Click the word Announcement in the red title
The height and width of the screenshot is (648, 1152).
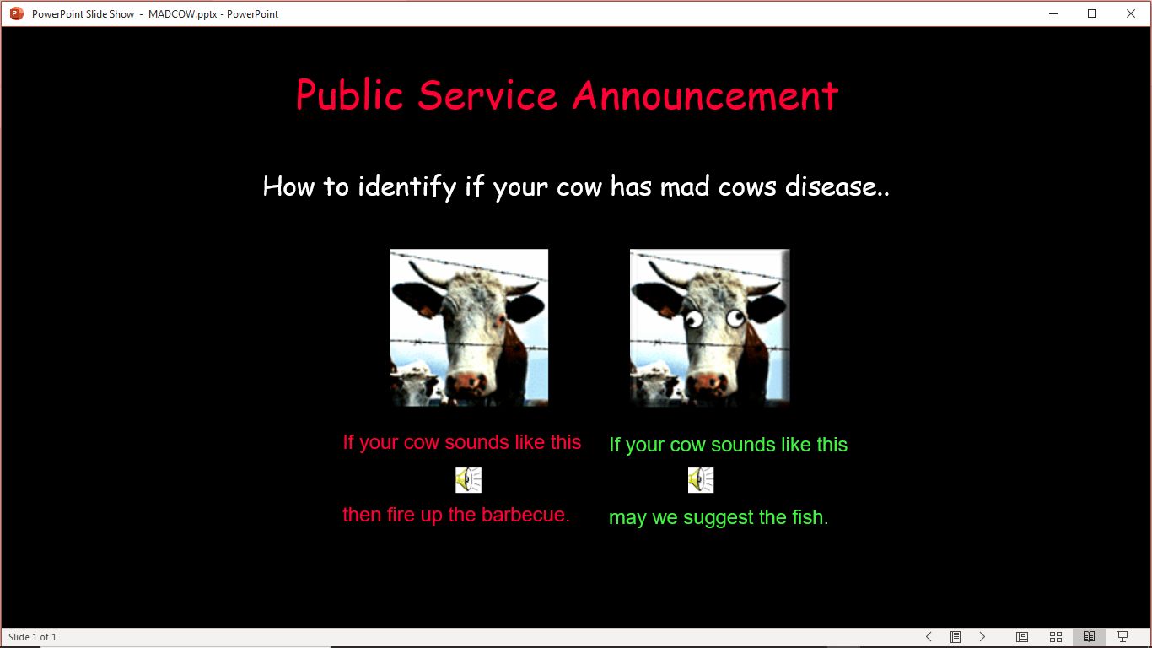(x=706, y=95)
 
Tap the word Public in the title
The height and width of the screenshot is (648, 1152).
(x=349, y=94)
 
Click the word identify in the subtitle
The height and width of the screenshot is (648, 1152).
(x=406, y=186)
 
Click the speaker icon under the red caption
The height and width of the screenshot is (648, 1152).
(x=469, y=480)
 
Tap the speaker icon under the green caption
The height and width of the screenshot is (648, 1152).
(x=701, y=480)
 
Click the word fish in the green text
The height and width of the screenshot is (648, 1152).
(x=810, y=517)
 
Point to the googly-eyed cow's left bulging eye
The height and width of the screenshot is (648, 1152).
(x=694, y=320)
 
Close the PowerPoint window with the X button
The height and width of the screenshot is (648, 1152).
(x=1130, y=13)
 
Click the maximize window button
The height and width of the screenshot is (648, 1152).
(x=1092, y=13)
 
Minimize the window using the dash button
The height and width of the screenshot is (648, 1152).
(x=1053, y=13)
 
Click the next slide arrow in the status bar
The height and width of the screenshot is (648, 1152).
(x=982, y=637)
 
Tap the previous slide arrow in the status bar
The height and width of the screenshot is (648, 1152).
(x=929, y=637)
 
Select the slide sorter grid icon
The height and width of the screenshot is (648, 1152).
(x=1056, y=637)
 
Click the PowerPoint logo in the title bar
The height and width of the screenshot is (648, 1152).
(x=17, y=13)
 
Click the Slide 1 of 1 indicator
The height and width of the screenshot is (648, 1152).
(x=32, y=637)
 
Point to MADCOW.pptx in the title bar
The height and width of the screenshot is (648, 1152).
(x=182, y=14)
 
